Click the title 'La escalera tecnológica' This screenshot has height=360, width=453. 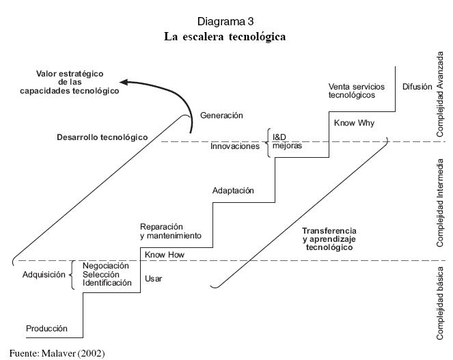point(225,37)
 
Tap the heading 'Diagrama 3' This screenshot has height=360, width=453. point(225,22)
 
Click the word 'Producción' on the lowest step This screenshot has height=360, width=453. point(47,329)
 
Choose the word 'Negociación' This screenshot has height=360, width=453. point(105,266)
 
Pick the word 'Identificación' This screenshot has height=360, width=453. point(107,282)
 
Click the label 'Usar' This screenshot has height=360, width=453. point(154,278)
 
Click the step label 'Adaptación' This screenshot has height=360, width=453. point(234,191)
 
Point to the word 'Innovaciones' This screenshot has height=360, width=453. point(235,146)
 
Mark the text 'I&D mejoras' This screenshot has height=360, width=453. point(287,141)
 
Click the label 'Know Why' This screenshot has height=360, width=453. point(351,122)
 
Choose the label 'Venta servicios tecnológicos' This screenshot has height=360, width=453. point(357,91)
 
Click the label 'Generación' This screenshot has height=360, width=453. point(221,115)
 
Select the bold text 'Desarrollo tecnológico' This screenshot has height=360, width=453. point(102,137)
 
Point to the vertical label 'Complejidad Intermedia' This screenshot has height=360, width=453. point(441,203)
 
